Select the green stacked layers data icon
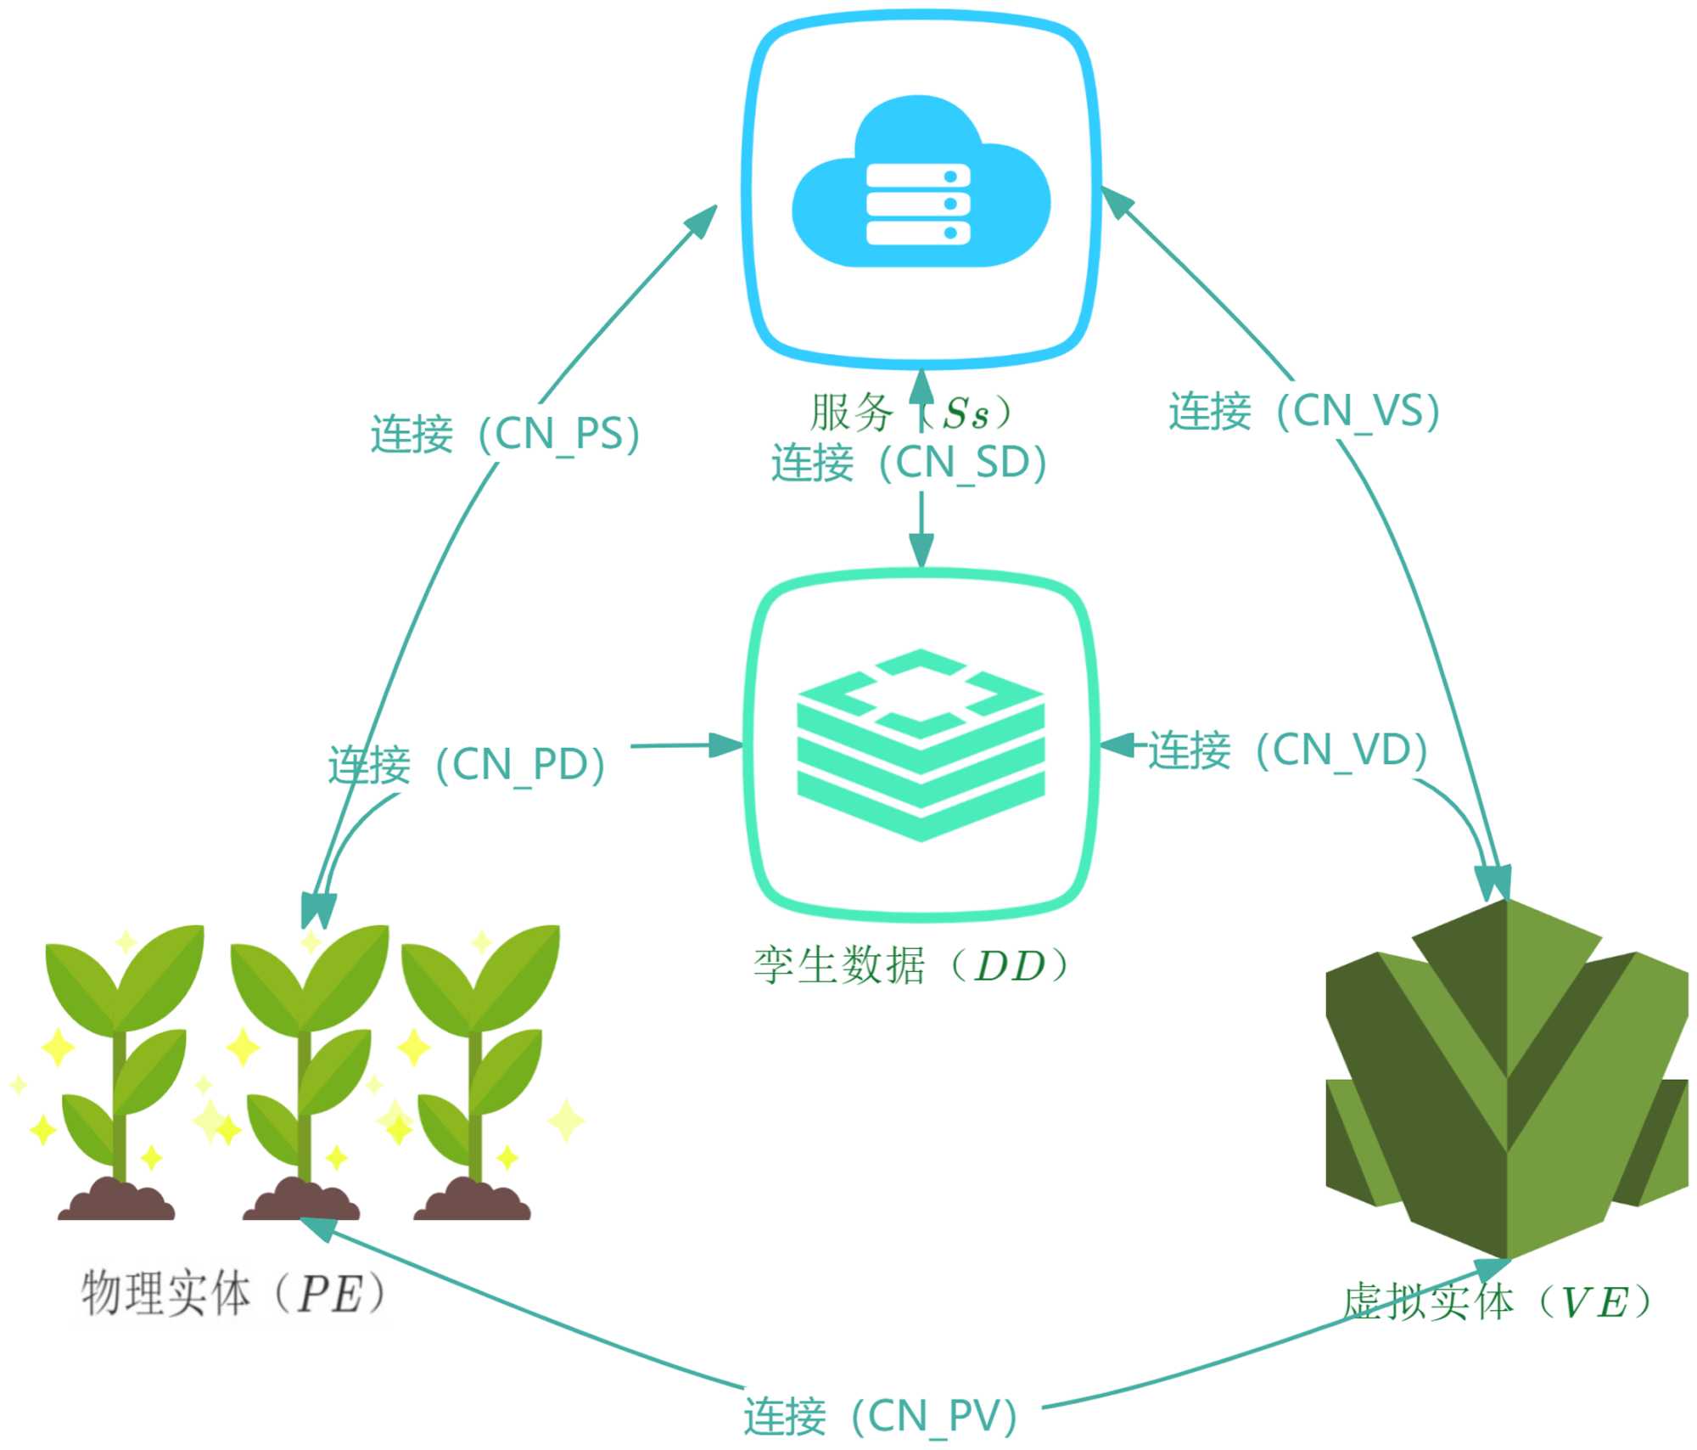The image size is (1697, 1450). tap(921, 745)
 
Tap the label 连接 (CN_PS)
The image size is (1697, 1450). tap(506, 435)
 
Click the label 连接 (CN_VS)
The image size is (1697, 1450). tap(1304, 412)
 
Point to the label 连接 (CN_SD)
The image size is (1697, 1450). tap(909, 463)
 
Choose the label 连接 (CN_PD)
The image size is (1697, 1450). tap(467, 765)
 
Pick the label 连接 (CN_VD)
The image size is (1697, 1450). tap(1288, 750)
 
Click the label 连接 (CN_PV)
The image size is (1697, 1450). tap(880, 1416)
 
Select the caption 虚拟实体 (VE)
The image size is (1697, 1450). tap(1498, 1301)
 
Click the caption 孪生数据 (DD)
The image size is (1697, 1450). tap(911, 966)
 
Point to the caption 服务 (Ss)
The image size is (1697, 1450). tap(911, 413)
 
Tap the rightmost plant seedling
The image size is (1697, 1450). tap(477, 1053)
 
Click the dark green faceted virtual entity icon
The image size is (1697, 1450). tap(1507, 1078)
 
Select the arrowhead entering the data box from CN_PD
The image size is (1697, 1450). tap(726, 745)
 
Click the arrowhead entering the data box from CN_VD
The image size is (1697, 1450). tap(1117, 745)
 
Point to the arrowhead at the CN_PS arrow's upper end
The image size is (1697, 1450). tap(703, 220)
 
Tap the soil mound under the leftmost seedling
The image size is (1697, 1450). tap(116, 1202)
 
